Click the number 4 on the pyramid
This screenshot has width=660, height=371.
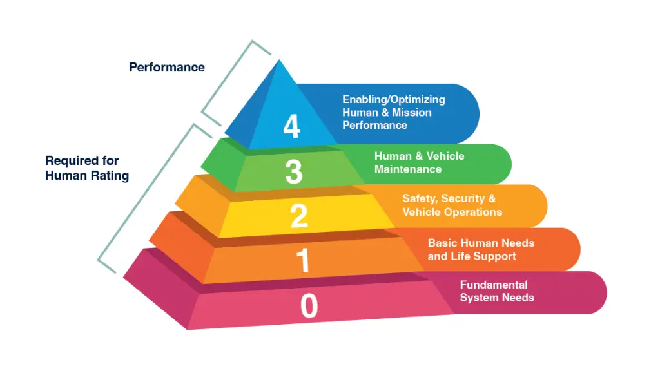pyautogui.click(x=291, y=126)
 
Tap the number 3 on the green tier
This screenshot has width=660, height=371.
pyautogui.click(x=294, y=172)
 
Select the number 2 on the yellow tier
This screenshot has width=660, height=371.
pyautogui.click(x=299, y=216)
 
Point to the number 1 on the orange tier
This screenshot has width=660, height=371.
pyautogui.click(x=303, y=261)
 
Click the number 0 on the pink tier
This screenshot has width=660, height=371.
pyautogui.click(x=309, y=307)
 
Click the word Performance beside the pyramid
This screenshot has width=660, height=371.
pyautogui.click(x=167, y=67)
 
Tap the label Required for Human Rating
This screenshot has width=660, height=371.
pyautogui.click(x=86, y=168)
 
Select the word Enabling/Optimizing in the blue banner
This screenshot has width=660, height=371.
pyautogui.click(x=393, y=99)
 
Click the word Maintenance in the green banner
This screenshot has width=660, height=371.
pyautogui.click(x=408, y=169)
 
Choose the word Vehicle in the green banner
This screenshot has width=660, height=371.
pyautogui.click(x=445, y=156)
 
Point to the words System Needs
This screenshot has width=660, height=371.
pyautogui.click(x=497, y=298)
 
